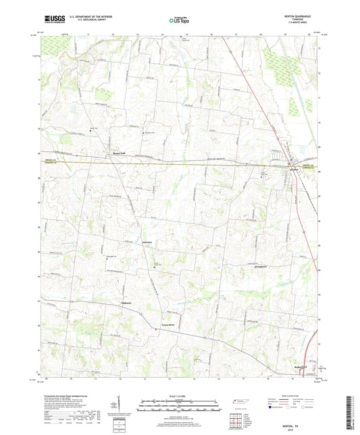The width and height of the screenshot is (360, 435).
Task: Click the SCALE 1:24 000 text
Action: click(179, 396)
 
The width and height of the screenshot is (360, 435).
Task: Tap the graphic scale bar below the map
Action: click(179, 405)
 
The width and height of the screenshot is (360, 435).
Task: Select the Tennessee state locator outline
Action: click(238, 401)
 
